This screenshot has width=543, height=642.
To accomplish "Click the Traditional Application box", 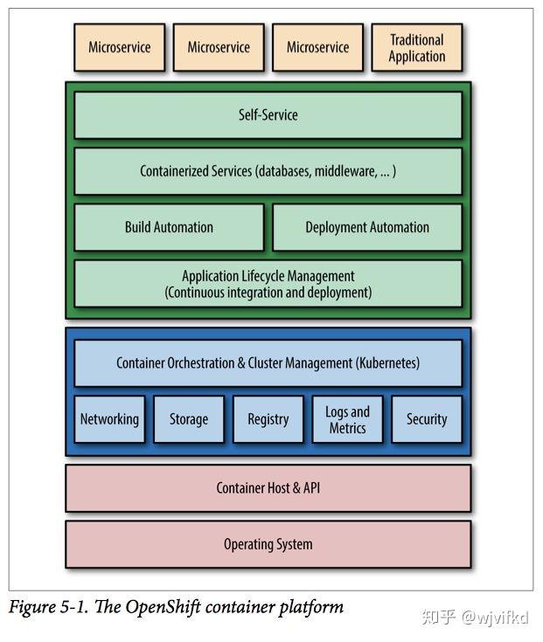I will click(416, 48).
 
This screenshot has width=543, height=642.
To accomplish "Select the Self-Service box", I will click(268, 114).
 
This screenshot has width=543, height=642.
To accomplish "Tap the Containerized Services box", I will click(268, 171).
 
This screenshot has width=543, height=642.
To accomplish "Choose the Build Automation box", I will click(169, 227).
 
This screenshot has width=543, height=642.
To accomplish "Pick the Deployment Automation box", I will click(367, 227).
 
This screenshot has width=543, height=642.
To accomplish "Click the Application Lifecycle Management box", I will click(268, 284).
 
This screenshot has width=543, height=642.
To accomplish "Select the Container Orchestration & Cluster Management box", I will click(268, 362).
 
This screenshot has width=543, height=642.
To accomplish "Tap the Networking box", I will click(109, 419).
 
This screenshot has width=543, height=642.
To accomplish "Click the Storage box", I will click(189, 419).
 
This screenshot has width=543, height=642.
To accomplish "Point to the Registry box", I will click(268, 419).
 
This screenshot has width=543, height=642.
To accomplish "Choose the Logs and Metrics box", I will click(347, 419).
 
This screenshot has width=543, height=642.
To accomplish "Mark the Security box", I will click(427, 419).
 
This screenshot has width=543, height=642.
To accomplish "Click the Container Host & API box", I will click(268, 487).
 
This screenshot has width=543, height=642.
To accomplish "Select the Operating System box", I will click(268, 544).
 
